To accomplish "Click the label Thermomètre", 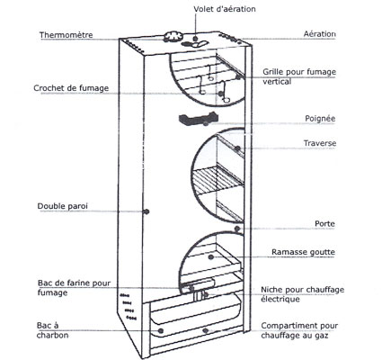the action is click(67, 35).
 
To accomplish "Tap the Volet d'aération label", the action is click(225, 9).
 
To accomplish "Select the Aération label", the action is click(320, 34).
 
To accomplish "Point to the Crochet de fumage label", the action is click(71, 88).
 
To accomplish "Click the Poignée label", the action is click(320, 119).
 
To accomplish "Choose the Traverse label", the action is click(320, 143).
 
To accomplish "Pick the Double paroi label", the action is click(63, 206).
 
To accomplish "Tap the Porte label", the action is click(324, 224).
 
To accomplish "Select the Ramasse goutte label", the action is click(303, 252).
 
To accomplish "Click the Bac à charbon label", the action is click(52, 330).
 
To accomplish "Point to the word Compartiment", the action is click(289, 326).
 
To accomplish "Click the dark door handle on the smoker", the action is click(198, 118).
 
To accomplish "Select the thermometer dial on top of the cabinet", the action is click(173, 36).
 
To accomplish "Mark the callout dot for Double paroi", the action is click(147, 211).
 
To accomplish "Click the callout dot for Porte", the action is click(237, 229).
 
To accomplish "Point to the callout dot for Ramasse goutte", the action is click(211, 256).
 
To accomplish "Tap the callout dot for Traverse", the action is click(237, 148).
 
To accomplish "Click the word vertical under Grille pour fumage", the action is click(277, 82).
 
